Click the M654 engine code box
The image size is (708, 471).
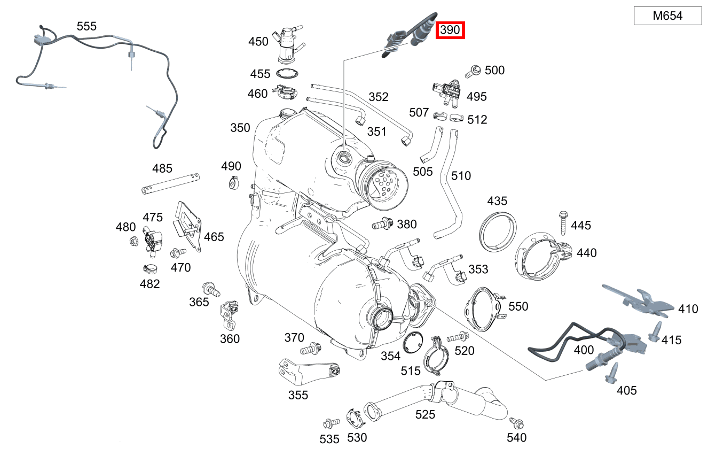[667, 16]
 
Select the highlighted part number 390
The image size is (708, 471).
[450, 30]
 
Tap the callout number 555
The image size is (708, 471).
[86, 26]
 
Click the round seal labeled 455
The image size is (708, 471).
[287, 74]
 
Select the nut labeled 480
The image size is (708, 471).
[134, 242]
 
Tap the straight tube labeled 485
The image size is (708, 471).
[170, 183]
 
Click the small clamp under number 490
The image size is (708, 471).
[233, 182]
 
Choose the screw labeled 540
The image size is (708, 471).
[516, 422]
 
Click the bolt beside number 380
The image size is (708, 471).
[383, 225]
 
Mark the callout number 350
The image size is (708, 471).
[240, 128]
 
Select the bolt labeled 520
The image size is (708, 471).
[456, 337]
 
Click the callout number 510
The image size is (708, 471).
[461, 175]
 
